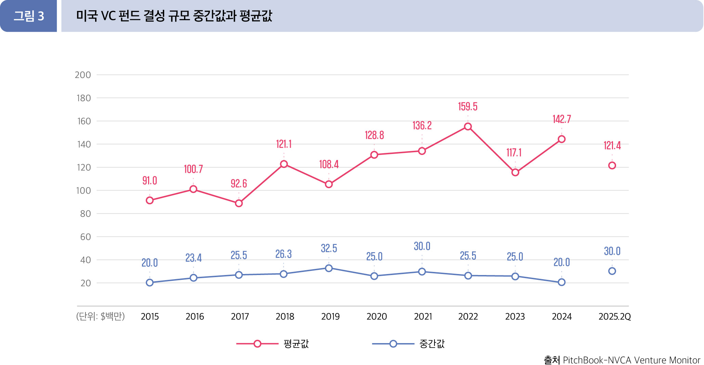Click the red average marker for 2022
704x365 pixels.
(x=468, y=127)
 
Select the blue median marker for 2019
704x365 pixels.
(x=329, y=268)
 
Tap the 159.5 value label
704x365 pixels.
(x=468, y=107)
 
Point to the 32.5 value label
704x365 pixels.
(x=329, y=248)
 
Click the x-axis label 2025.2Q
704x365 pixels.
(x=614, y=316)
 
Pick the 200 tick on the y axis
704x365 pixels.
(x=83, y=75)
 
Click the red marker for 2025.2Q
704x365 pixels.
(x=612, y=166)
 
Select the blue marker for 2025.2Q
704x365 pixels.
(x=612, y=271)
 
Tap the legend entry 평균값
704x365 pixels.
(x=296, y=344)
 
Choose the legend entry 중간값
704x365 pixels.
(x=432, y=344)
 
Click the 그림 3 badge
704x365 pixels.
(x=29, y=16)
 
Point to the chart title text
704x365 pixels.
(x=174, y=16)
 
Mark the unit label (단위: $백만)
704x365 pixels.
(x=100, y=316)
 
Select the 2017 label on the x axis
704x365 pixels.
(x=239, y=316)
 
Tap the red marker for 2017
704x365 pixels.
(x=239, y=203)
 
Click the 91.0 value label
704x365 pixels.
(x=149, y=181)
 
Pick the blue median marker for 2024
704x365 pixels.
(x=561, y=282)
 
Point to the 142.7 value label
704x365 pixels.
(x=561, y=119)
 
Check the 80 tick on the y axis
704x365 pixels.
(x=85, y=214)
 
